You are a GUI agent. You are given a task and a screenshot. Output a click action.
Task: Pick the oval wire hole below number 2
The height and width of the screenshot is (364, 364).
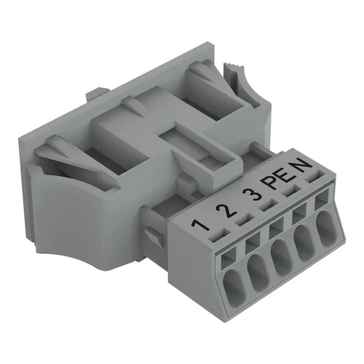pos(257,274)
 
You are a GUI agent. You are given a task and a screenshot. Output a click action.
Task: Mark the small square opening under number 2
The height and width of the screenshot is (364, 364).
pos(253,241)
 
